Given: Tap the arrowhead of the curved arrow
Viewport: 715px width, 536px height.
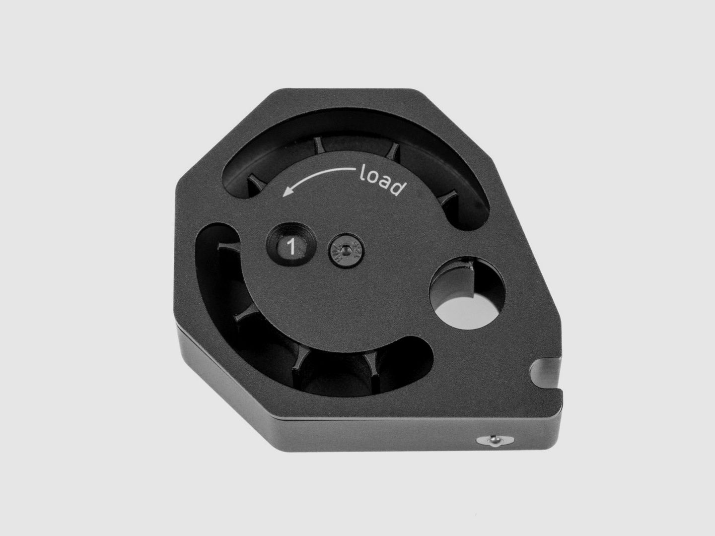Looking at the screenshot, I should coord(287,193).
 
